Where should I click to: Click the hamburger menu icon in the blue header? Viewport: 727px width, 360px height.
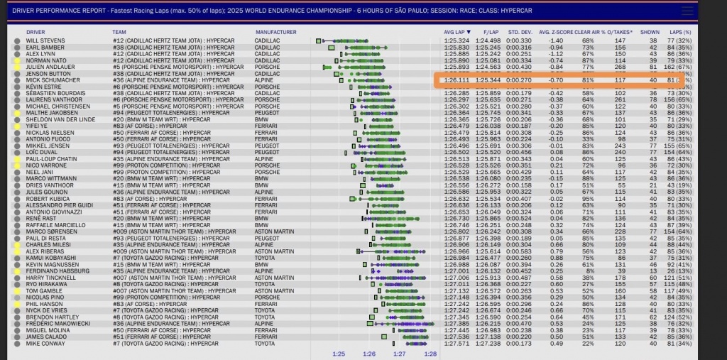[687, 11]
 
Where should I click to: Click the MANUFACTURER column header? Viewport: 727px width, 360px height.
[275, 33]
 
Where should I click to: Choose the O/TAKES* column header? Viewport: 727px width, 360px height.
[621, 33]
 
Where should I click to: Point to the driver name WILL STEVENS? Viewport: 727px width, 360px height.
[45, 40]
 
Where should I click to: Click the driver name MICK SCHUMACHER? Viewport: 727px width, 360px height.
[52, 80]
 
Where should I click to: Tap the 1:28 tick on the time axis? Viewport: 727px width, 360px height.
[430, 353]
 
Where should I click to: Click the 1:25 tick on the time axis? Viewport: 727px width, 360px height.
[339, 353]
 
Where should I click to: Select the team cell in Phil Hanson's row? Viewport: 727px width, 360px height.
[156, 304]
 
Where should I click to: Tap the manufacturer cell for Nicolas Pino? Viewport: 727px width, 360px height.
[268, 297]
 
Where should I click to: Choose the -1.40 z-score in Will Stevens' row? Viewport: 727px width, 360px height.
[556, 40]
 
